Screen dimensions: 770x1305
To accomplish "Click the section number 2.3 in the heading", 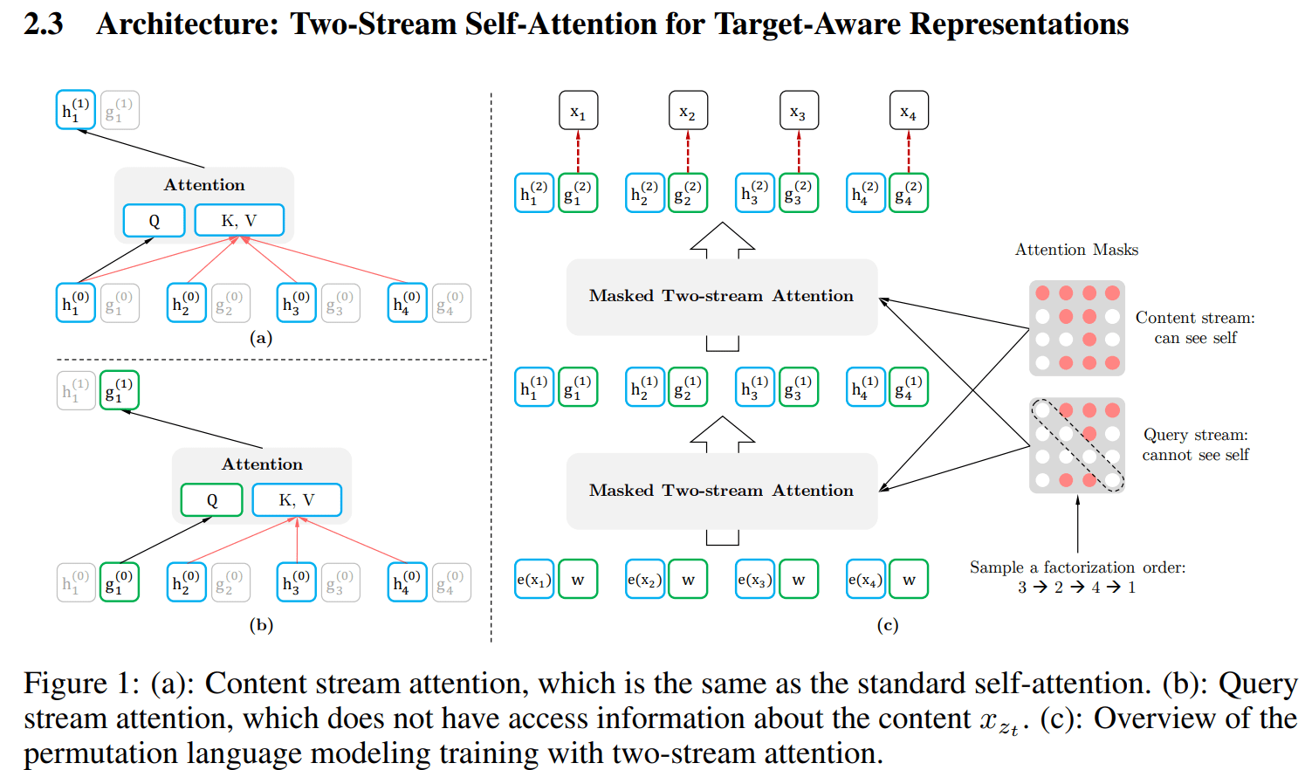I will [x=43, y=24].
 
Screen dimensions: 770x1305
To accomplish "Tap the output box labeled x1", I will [x=578, y=111].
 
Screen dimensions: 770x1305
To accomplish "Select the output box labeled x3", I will [x=798, y=111].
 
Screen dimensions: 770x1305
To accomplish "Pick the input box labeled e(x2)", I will [x=645, y=580].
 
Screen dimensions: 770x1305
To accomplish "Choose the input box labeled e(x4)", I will [x=866, y=580].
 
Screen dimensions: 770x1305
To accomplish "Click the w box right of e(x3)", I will [x=799, y=580].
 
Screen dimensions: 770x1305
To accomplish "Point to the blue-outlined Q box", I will [x=154, y=221].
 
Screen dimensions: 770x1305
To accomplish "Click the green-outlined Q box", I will [x=211, y=500].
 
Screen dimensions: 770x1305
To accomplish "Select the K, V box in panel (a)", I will [x=239, y=221].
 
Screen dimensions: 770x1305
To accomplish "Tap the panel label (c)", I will [x=887, y=625].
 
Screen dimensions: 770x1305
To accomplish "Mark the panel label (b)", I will [x=261, y=625].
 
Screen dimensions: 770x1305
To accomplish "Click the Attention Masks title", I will [x=1076, y=250].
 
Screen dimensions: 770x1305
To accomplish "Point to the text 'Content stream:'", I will [x=1195, y=318].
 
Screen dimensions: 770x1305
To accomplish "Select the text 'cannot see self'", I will [x=1195, y=455].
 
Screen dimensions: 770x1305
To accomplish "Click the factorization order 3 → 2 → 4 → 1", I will [x=1076, y=588].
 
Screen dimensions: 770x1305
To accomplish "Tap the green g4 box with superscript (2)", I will [x=909, y=193].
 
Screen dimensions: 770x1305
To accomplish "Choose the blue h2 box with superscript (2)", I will [x=645, y=193].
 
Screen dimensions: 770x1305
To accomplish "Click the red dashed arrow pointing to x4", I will [x=909, y=151].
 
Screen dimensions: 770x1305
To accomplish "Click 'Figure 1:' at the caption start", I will [x=81, y=684].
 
